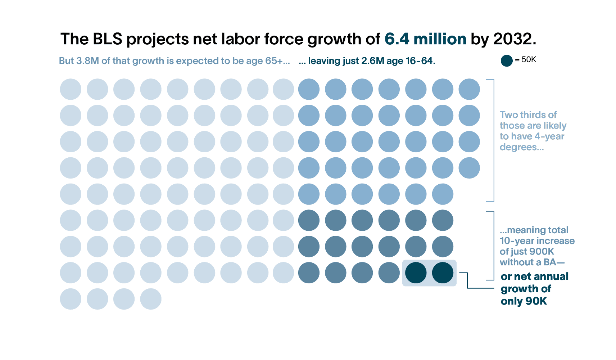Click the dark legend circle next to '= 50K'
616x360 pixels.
click(506, 60)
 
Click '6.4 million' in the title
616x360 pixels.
click(425, 39)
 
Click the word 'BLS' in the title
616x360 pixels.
click(108, 39)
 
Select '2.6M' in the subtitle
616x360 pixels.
click(373, 61)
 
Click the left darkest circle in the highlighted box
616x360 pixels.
click(416, 273)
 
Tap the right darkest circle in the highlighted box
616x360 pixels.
click(443, 273)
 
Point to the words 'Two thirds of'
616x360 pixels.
click(528, 115)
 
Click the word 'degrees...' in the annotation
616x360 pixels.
click(521, 147)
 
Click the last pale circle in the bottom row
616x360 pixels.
click(151, 299)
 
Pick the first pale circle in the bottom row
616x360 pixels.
click(71, 299)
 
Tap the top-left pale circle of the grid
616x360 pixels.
click(71, 89)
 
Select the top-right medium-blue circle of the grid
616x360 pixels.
click(469, 89)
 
